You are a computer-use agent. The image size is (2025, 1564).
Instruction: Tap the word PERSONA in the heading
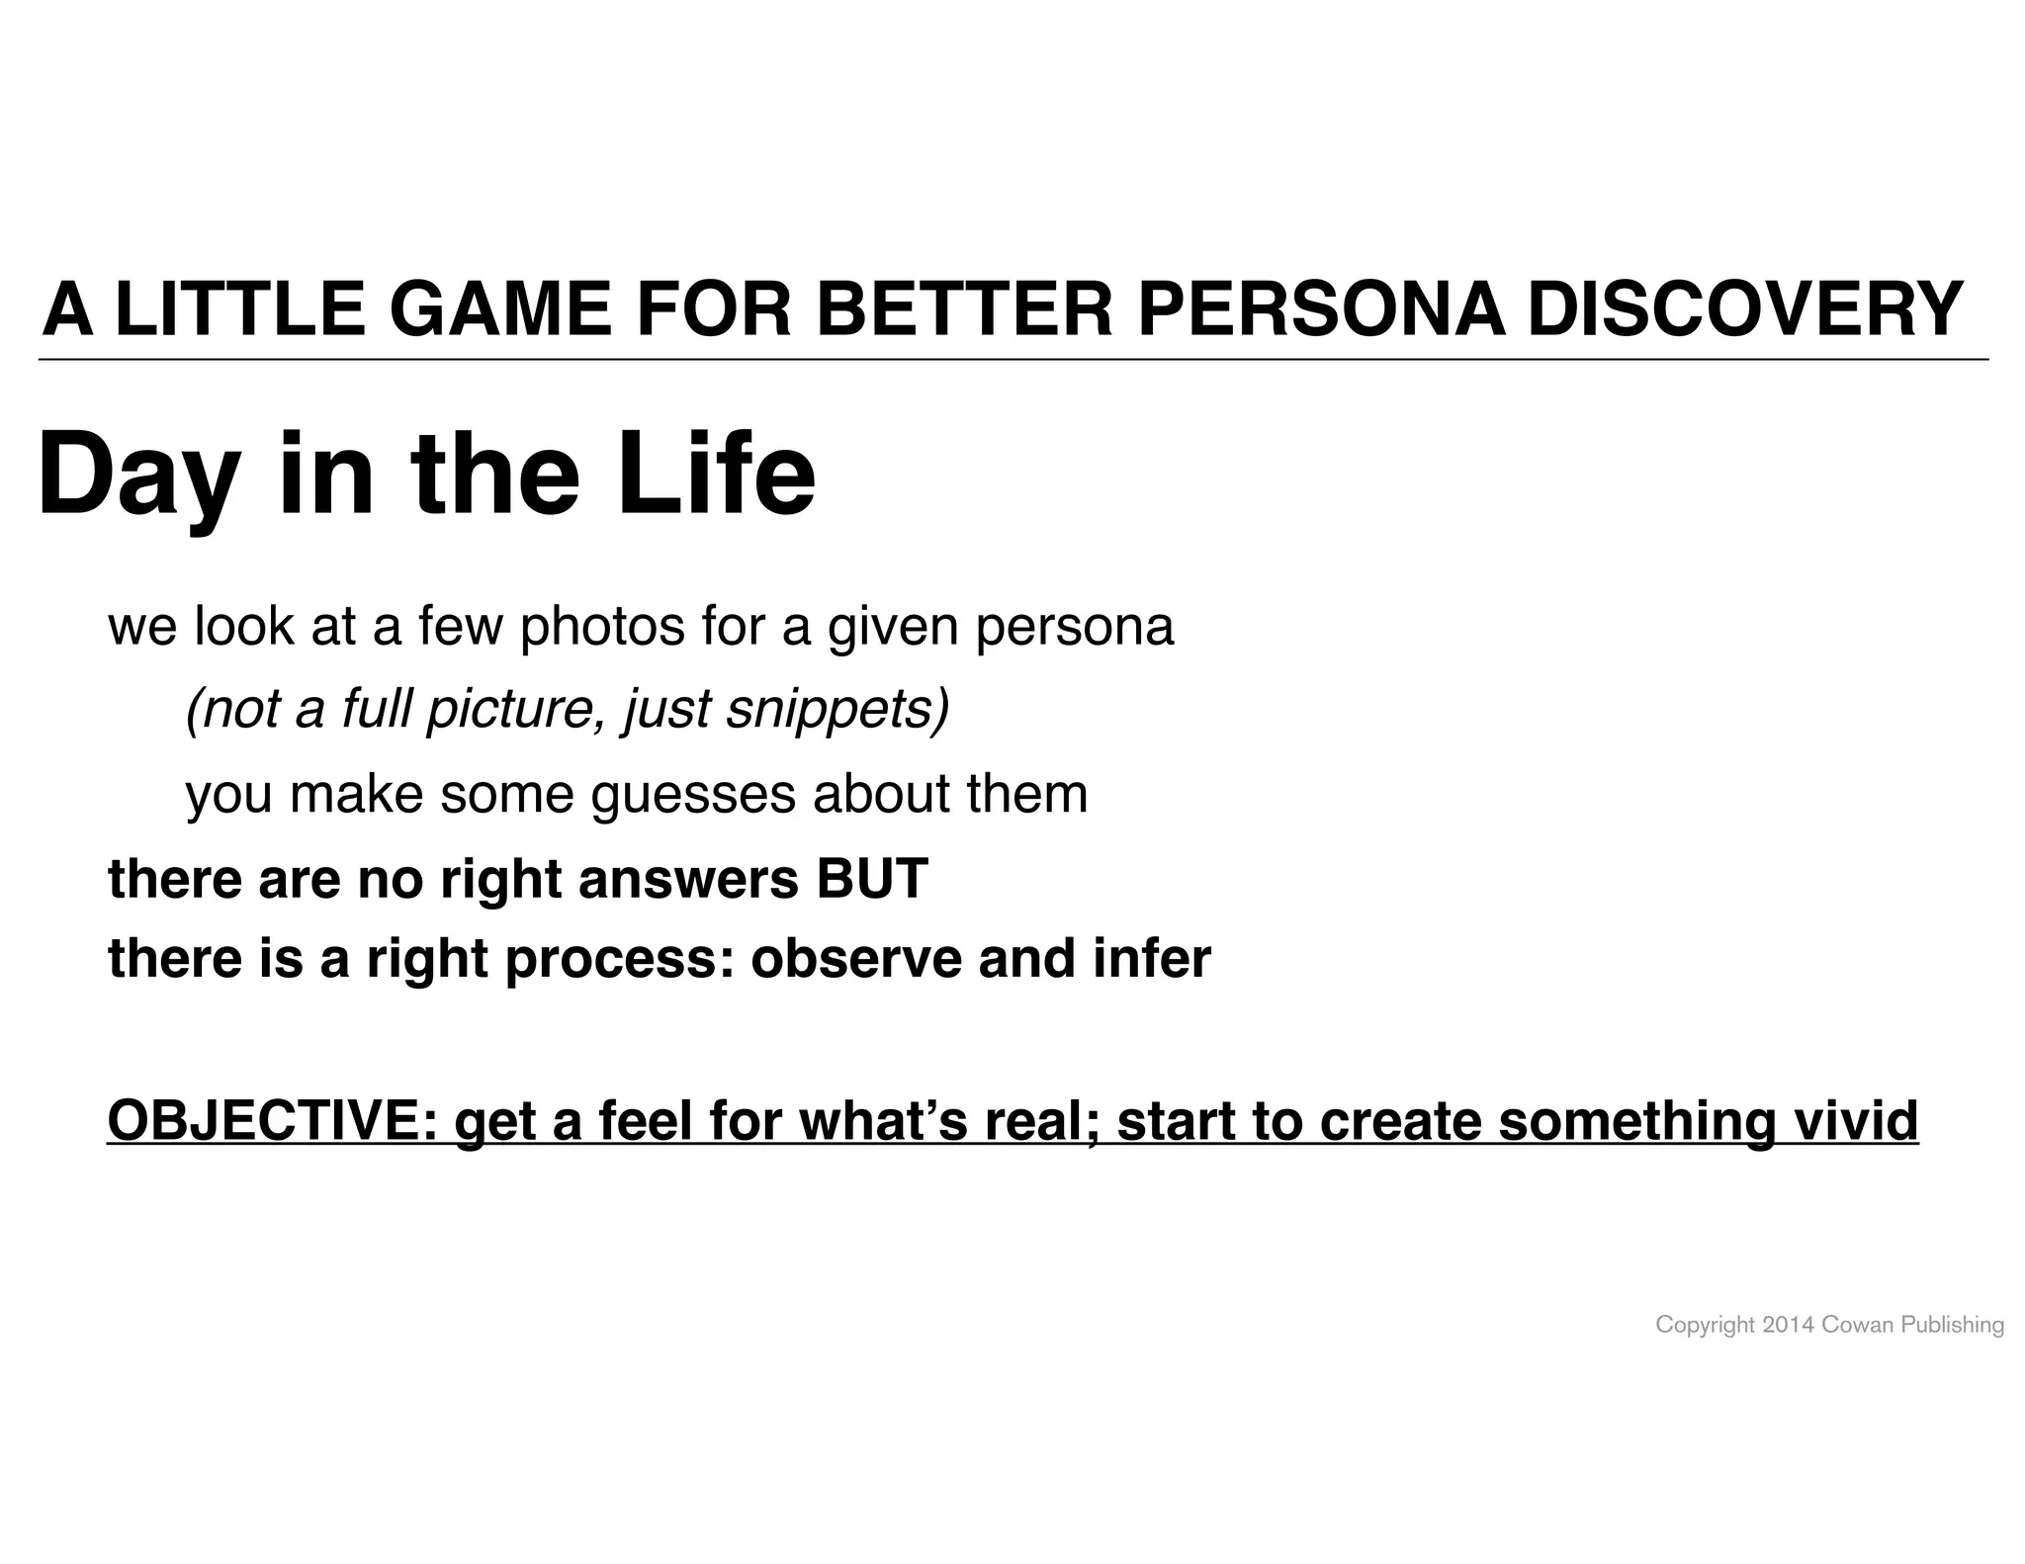[1322, 309]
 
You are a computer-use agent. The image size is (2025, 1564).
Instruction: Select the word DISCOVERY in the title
[1744, 309]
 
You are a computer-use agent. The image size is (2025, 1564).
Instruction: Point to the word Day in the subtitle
[137, 475]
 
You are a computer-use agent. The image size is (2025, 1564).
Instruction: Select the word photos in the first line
[601, 627]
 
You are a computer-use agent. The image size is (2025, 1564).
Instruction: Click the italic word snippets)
[836, 709]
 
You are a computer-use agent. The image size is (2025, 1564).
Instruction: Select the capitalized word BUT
[871, 878]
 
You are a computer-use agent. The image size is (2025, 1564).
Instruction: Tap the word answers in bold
[687, 880]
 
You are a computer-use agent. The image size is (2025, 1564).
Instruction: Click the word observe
[855, 958]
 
